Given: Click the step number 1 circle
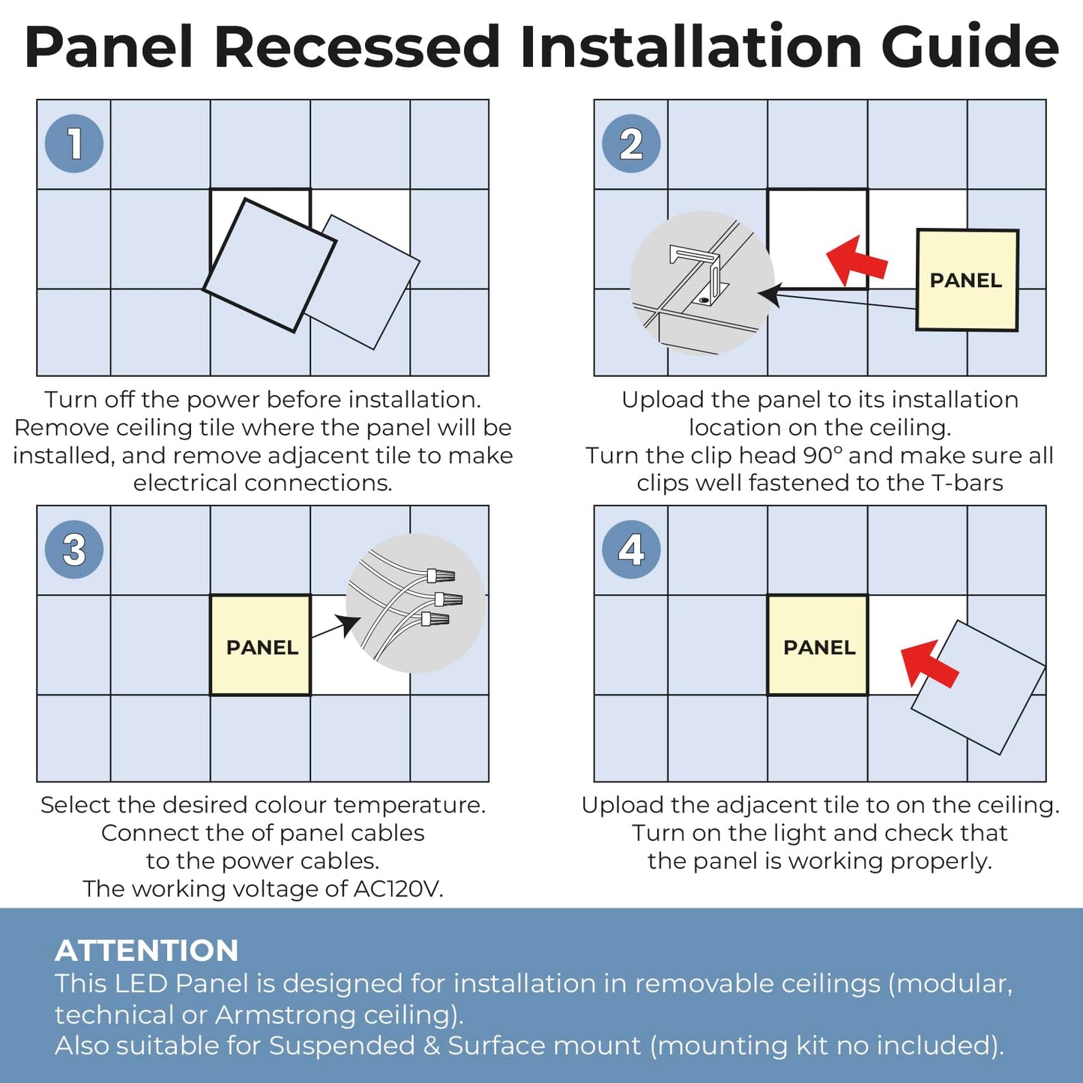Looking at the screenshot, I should click(x=74, y=143).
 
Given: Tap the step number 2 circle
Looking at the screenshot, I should click(x=631, y=143).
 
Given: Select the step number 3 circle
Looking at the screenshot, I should click(x=74, y=549).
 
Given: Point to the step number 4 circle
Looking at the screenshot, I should click(x=631, y=549).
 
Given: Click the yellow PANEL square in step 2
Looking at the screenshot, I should click(x=967, y=280).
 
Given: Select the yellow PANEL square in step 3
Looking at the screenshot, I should click(x=261, y=645).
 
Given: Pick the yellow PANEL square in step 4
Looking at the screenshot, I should click(x=818, y=645).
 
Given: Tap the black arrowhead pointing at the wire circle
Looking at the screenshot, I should click(x=347, y=625).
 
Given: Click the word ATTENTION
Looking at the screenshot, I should click(x=147, y=950).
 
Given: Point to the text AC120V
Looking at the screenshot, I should click(x=398, y=889).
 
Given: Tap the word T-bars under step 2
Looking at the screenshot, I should click(x=967, y=483).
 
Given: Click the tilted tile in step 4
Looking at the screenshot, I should click(x=978, y=687).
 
